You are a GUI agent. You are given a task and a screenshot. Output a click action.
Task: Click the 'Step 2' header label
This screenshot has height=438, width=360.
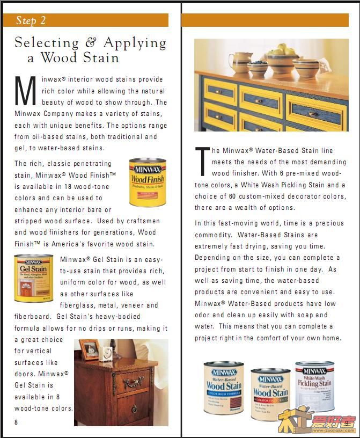pyautogui.click(x=31, y=20)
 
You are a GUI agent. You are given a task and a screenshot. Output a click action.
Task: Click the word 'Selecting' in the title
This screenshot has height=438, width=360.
pyautogui.click(x=46, y=43)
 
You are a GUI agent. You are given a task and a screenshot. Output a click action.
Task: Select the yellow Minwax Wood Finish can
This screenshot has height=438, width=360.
pyautogui.click(x=147, y=182)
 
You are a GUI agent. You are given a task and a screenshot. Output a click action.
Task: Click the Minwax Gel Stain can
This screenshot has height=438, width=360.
pyautogui.click(x=33, y=278)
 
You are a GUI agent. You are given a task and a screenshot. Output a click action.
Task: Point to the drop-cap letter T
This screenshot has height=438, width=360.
pyautogui.click(x=202, y=162)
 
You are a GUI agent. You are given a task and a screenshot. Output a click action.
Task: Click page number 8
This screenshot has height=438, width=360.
pyautogui.click(x=17, y=422)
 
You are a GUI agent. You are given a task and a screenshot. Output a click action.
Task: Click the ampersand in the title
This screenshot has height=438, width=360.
pyautogui.click(x=91, y=43)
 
